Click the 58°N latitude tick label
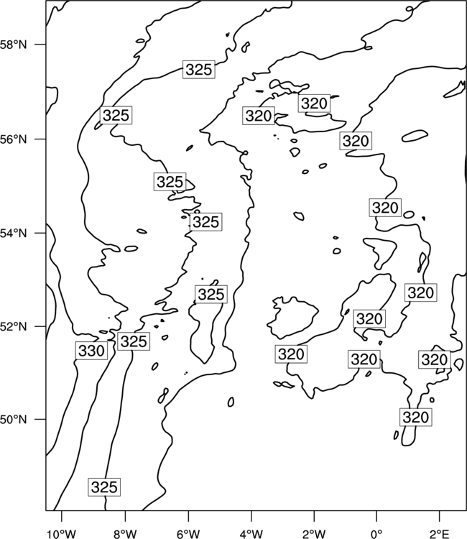pos(14,45)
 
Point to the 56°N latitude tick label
pos(14,139)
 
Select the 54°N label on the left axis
pos(14,234)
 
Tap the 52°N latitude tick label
pos(14,326)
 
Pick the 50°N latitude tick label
pos(14,420)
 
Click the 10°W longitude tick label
pos(62,534)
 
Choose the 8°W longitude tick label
pos(125,534)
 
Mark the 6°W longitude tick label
pos(188,534)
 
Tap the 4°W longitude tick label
pos(251,534)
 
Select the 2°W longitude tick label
pos(314,534)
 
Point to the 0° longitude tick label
pos(376,534)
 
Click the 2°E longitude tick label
pos(440,534)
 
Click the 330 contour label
pos(91,351)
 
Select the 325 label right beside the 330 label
pos(134,341)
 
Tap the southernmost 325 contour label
pos(104,487)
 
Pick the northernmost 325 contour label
pos(199,70)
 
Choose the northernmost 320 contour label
pos(314,103)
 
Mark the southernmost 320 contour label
pos(416,418)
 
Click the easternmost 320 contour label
pos(435,359)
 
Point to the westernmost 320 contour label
pos(259,116)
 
